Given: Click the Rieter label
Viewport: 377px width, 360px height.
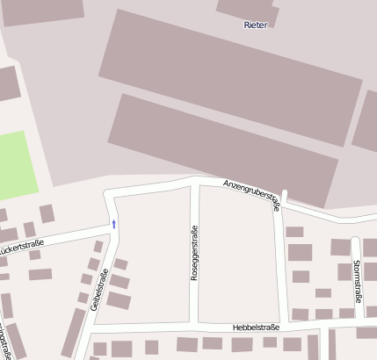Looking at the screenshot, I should (255, 25).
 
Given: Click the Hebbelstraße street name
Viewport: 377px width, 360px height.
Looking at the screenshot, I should (256, 327).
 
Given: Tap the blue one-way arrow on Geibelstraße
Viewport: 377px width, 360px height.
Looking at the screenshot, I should (113, 224).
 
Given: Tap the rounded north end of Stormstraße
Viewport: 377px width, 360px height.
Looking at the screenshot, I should (355, 240).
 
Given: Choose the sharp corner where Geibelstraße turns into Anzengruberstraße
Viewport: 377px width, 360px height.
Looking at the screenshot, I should (107, 193).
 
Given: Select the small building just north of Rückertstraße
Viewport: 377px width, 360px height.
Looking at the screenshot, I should (47, 213).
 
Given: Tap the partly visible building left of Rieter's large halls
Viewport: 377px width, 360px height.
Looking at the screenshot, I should (7, 83).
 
